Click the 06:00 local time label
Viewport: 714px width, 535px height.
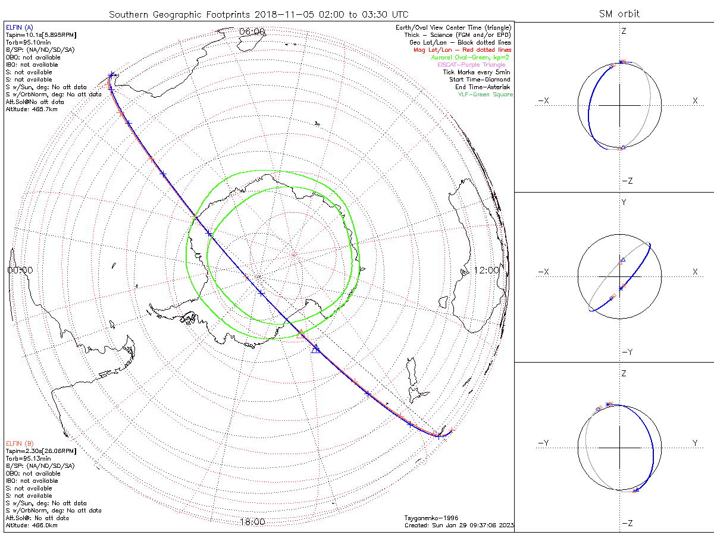pos(252,32)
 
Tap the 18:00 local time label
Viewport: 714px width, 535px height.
pos(252,522)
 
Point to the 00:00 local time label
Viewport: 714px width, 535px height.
pos(20,270)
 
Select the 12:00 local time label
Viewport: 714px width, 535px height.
pos(487,270)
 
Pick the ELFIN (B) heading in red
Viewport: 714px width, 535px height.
pos(20,443)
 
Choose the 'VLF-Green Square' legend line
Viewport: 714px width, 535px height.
pos(485,95)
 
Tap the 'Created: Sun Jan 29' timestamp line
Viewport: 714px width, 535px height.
pos(459,525)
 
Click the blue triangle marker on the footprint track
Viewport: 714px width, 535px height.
pos(316,348)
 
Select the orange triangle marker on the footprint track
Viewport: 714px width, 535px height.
pos(300,335)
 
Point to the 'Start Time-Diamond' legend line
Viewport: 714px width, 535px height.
pos(480,80)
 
